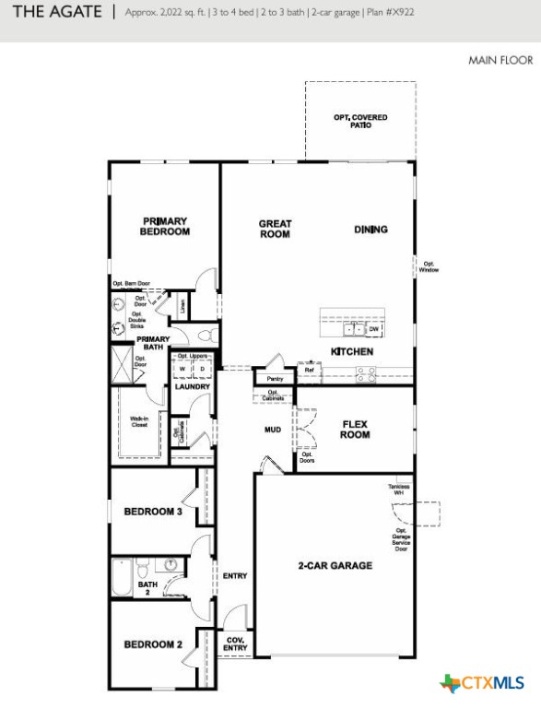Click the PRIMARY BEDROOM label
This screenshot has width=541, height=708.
[165, 227]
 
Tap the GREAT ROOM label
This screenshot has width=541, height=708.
[275, 229]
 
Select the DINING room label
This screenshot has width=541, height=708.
[370, 230]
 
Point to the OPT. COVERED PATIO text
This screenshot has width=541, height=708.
[360, 121]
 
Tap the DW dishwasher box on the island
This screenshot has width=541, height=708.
[374, 328]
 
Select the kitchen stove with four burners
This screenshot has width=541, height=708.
[366, 372]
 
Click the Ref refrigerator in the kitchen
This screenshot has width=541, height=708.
[310, 371]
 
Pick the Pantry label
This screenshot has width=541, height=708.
[275, 378]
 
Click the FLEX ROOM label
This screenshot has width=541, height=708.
[355, 430]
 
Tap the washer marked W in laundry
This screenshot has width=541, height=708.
[182, 370]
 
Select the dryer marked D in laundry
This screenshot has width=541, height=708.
[203, 370]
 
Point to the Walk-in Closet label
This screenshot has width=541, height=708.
[139, 422]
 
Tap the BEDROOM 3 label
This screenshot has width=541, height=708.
[153, 512]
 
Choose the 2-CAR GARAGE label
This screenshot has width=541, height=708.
[335, 565]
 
